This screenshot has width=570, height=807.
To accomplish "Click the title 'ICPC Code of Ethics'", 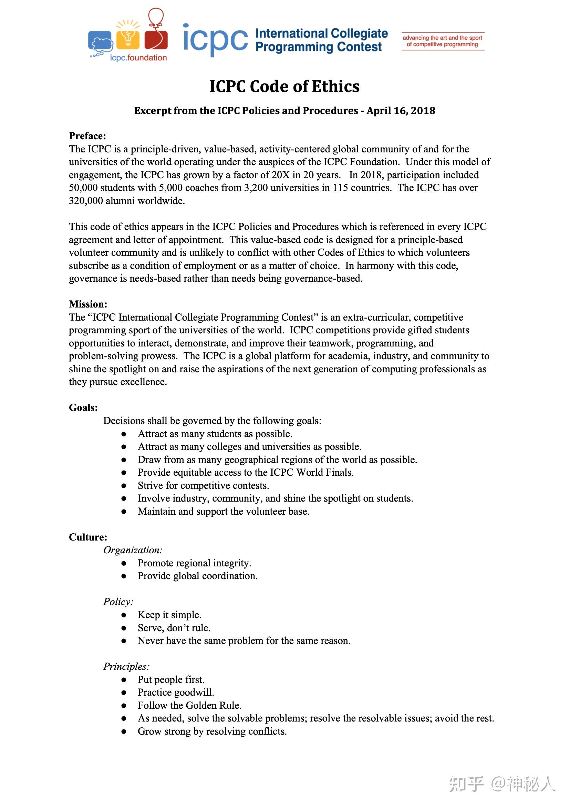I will pos(284,87).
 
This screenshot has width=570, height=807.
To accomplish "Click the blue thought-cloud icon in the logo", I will pos(101,42).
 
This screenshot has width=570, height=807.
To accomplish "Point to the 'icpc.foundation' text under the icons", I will pos(138,58).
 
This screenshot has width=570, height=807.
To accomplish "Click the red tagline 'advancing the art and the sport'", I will pos(442,38).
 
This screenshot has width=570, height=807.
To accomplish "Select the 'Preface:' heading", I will pos(87,136).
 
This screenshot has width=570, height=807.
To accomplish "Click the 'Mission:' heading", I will pos(88,304).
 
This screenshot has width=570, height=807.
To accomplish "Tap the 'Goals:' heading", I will pos(83,408).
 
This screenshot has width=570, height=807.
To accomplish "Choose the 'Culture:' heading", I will pos(88,537).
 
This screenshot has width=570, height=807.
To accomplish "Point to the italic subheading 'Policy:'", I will pos(118,602).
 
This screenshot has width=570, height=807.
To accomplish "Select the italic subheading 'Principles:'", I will pos(126,666).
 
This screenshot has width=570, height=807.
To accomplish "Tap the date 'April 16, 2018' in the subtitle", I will pos(401,111).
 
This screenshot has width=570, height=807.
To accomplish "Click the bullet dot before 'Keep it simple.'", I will pos(124,615).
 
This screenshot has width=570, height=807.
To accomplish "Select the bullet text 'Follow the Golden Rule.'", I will pos(189,705).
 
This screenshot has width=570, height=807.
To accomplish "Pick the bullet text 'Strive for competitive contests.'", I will pos(203,486).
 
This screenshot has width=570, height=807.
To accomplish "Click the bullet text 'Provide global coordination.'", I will pos(197,576).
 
